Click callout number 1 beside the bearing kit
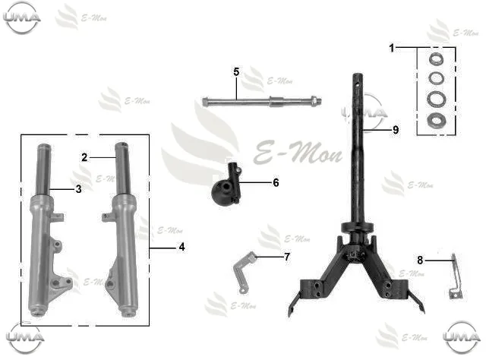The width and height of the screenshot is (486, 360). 392,48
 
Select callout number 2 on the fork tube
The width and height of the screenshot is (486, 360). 84,157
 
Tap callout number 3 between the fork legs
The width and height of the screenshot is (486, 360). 79,189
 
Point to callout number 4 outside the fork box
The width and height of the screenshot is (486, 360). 182,247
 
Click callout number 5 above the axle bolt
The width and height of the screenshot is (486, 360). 236,72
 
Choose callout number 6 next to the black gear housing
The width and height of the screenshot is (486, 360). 276,182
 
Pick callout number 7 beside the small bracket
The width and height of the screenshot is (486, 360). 287,257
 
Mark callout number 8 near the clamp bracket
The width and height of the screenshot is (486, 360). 420,261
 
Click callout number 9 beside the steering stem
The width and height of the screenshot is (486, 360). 396,130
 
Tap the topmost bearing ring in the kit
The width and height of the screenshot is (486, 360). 436,59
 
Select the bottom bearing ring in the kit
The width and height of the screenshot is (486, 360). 436,120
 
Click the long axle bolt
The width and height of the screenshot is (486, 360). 262,101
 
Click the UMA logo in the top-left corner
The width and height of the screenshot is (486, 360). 22,17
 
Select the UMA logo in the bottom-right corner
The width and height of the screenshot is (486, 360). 461,337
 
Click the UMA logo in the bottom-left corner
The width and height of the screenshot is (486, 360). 25,337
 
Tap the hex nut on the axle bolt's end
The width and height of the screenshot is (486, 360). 315,100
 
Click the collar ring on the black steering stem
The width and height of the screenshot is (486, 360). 357,228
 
